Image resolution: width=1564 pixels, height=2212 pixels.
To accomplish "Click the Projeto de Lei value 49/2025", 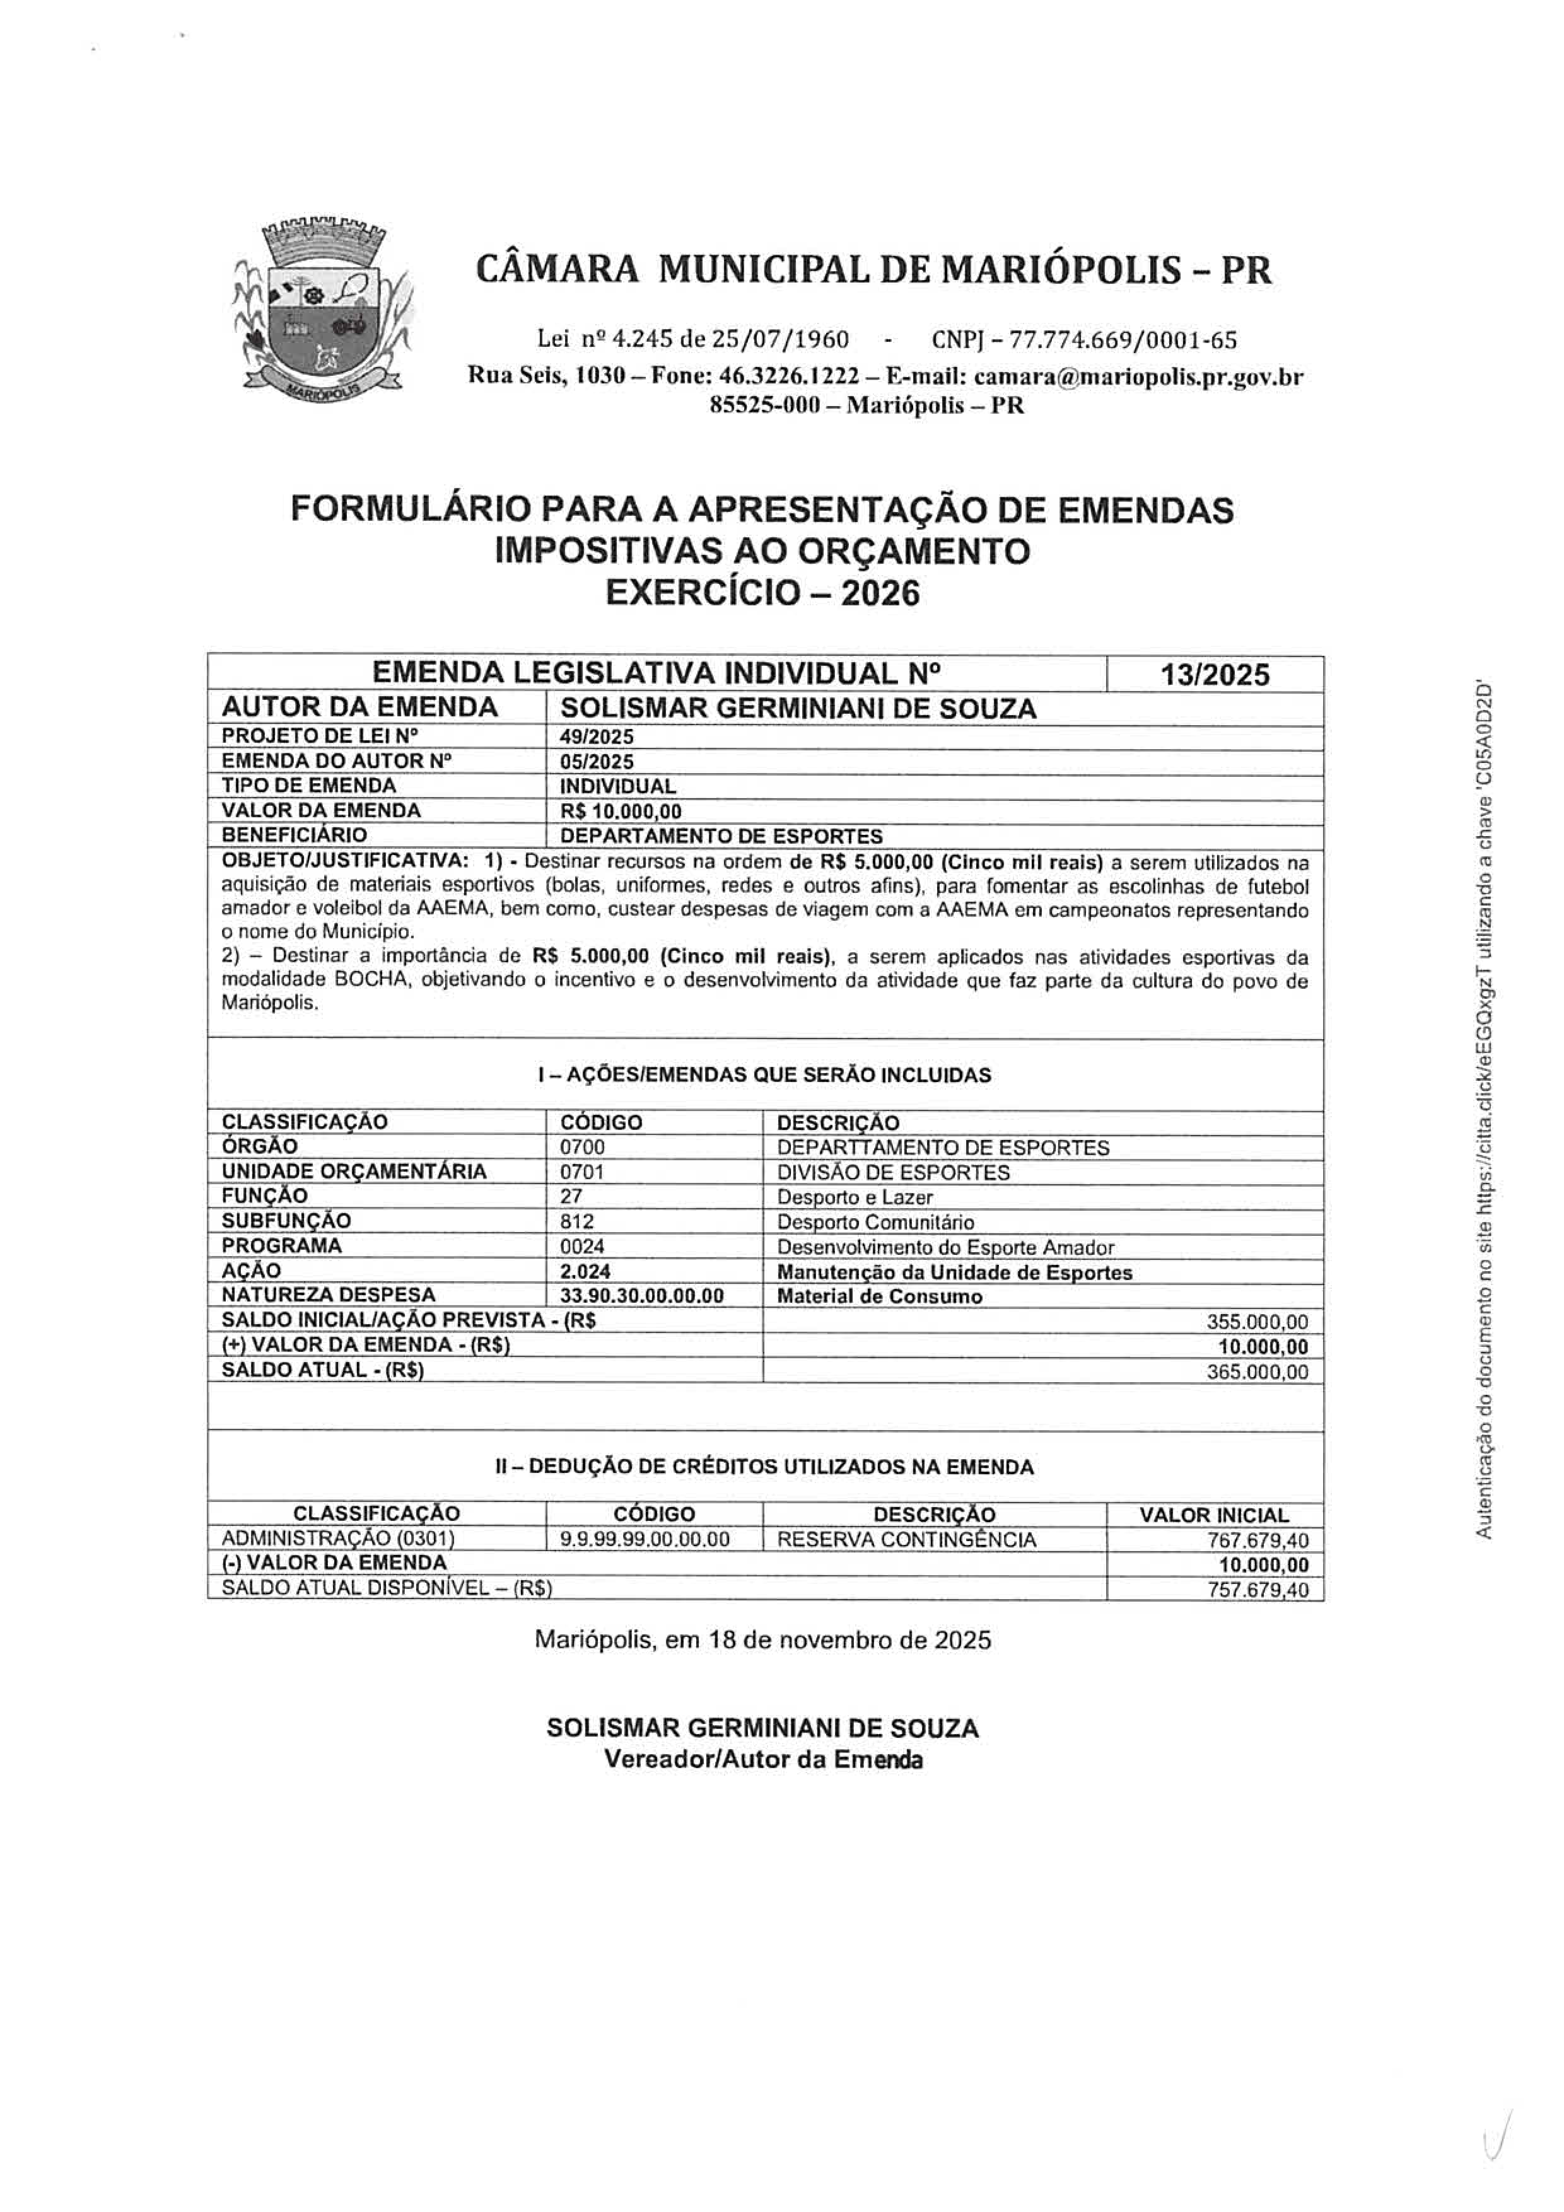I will click(597, 737).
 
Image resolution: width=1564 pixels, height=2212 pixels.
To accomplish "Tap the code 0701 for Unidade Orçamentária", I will click(582, 1172).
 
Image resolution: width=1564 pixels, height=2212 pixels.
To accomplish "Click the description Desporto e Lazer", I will click(855, 1197).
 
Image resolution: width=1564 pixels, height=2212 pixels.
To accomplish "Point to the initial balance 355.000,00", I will click(1258, 1322).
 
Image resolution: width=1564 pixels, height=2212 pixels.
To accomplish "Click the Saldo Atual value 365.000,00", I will click(1258, 1372).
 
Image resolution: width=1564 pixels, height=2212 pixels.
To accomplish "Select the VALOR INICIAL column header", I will click(1213, 1515).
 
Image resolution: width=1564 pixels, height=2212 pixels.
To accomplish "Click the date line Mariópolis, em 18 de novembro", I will click(762, 1639).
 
